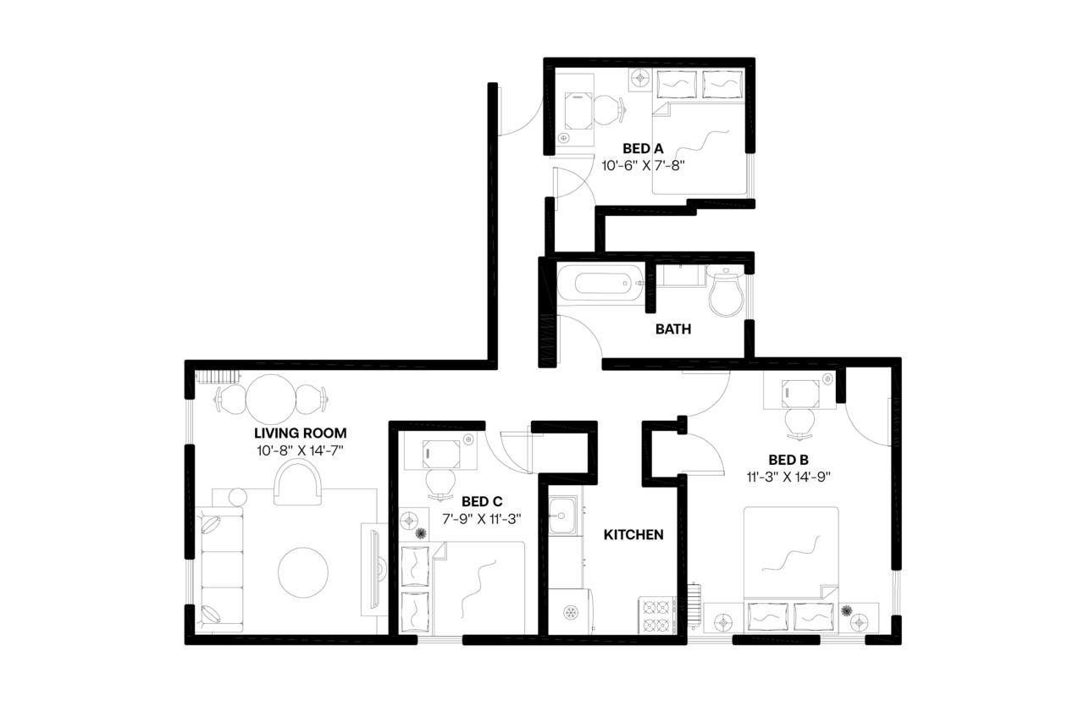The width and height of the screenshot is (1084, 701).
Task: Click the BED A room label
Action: click(642, 149)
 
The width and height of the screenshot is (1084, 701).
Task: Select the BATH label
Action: click(673, 328)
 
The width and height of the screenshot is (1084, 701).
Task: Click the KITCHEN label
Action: click(633, 535)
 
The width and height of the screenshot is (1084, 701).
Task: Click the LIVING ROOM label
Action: click(301, 433)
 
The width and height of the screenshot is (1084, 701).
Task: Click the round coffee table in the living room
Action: click(303, 572)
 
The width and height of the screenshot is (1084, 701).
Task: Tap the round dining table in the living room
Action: click(270, 395)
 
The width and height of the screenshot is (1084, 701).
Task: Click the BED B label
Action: click(788, 460)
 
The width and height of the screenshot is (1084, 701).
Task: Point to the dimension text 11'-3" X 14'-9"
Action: click(788, 476)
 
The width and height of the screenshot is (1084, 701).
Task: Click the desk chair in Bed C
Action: click(440, 483)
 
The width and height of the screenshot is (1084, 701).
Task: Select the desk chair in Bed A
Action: click(606, 109)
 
